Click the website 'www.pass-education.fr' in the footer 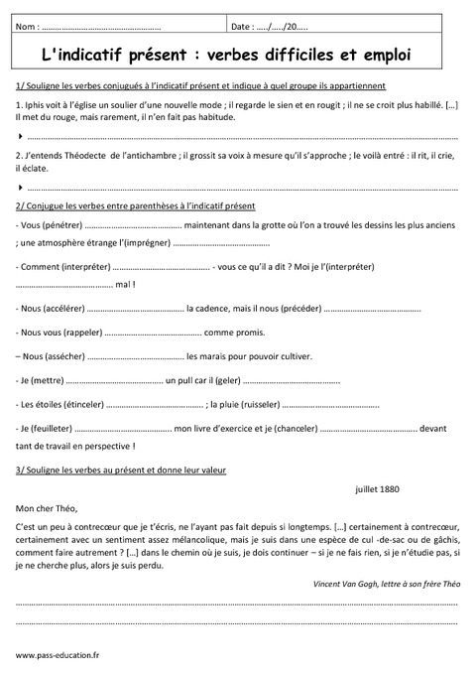point(58,655)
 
